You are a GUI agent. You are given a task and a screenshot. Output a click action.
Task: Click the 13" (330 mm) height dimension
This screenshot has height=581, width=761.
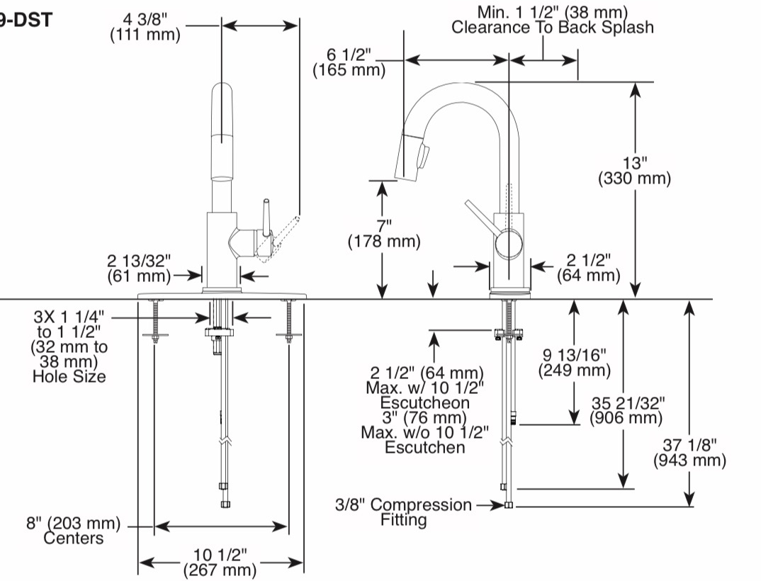(x=634, y=170)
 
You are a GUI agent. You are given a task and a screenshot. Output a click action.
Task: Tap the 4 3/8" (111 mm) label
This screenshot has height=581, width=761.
(x=145, y=27)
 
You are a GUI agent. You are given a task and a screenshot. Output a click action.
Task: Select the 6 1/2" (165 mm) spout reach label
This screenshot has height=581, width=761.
(x=349, y=62)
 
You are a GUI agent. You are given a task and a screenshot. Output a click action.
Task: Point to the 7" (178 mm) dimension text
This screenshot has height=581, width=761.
(x=384, y=234)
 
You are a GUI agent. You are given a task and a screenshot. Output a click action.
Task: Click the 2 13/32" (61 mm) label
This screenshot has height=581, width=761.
(x=140, y=269)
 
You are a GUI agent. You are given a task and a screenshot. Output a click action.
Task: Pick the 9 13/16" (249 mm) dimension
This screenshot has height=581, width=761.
(x=574, y=363)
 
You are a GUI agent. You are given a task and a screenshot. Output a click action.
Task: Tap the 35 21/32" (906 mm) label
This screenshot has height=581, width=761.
(x=626, y=411)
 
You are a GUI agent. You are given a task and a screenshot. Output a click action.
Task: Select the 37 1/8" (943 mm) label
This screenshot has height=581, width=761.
(x=689, y=452)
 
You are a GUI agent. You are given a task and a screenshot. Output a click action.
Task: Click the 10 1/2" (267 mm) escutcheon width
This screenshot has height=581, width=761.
(x=220, y=562)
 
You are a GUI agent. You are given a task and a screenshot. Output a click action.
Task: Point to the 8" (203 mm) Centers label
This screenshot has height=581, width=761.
(x=73, y=531)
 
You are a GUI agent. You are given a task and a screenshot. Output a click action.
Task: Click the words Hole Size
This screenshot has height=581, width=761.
(x=69, y=377)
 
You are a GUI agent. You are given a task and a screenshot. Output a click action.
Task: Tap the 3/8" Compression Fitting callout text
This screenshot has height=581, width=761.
(x=403, y=512)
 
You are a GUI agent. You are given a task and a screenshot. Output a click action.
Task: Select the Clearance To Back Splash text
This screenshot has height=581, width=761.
(x=552, y=27)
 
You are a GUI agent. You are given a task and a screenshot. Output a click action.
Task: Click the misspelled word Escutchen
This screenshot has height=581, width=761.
(x=424, y=447)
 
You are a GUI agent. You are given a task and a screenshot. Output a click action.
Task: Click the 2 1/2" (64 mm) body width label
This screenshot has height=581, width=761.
(x=589, y=268)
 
